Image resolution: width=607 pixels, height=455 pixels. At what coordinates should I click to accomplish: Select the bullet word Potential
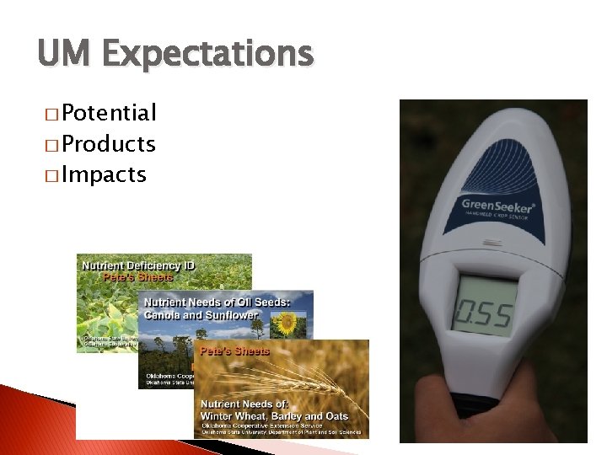click(x=109, y=113)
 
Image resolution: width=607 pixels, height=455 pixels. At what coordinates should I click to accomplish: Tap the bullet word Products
click(x=109, y=144)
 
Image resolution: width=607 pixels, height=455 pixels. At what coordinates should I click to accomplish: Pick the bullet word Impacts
click(x=104, y=175)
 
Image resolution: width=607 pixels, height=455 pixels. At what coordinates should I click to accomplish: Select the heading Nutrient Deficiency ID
click(x=137, y=265)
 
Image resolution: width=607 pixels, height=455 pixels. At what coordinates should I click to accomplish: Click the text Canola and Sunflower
click(x=201, y=314)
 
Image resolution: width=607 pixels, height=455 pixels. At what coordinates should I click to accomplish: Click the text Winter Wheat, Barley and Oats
click(x=285, y=416)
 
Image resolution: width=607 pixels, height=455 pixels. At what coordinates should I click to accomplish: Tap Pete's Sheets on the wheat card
click(x=234, y=351)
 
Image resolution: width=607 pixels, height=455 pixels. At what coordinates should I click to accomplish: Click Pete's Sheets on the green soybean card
click(x=137, y=276)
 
